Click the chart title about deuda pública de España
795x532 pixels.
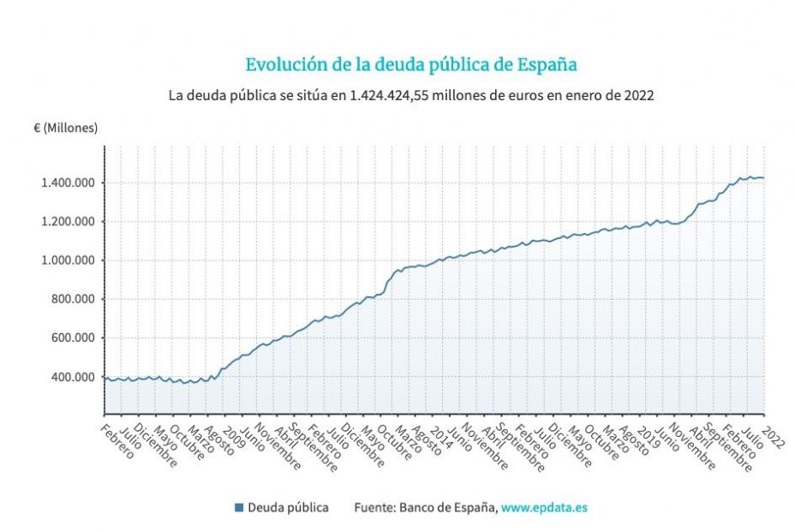(411, 65)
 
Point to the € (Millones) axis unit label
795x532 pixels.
(66, 128)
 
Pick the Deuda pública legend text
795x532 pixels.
(288, 508)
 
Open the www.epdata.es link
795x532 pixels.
(544, 508)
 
